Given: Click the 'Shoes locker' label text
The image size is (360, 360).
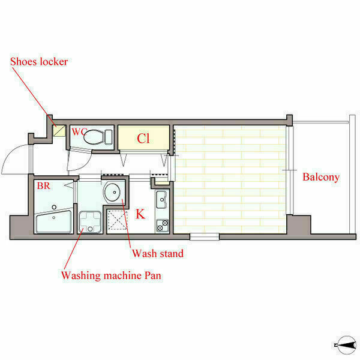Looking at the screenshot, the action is [39, 62].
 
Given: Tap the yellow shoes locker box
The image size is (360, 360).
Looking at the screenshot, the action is [59, 131].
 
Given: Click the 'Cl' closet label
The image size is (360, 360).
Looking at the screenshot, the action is [143, 139].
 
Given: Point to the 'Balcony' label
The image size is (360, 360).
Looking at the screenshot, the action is [321, 177].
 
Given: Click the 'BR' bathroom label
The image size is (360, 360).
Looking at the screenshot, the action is [43, 186].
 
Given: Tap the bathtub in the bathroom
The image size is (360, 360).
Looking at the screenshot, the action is [54, 221].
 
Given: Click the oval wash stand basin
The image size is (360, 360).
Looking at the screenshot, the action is [112, 192].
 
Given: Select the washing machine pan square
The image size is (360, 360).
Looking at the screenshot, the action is [90, 222].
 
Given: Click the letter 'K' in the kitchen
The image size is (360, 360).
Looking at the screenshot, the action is [140, 214].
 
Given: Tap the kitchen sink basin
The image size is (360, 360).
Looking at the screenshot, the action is [162, 200].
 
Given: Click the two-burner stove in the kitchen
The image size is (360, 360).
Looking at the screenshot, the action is [163, 226].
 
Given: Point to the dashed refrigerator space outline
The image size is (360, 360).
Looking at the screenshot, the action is [118, 220].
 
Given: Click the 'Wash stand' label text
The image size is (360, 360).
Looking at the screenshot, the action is [158, 253].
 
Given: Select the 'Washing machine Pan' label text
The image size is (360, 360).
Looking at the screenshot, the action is [111, 275].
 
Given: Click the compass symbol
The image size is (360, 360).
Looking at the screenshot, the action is [346, 345].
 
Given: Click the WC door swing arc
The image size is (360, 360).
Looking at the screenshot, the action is [83, 163].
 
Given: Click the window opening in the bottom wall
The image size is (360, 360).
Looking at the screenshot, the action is [205, 237].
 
